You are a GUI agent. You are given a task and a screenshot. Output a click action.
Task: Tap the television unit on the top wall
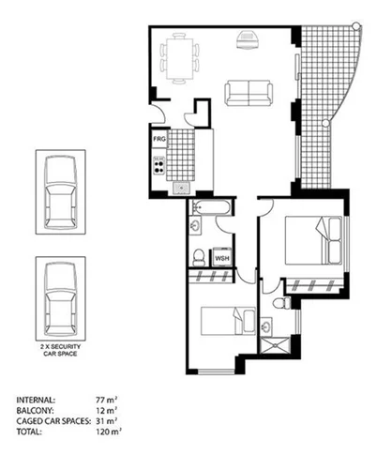pyautogui.click(x=248, y=39)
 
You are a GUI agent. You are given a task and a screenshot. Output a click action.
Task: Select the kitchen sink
pyautogui.click(x=181, y=187)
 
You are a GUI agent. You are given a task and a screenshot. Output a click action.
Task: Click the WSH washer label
pyautogui.click(x=222, y=258)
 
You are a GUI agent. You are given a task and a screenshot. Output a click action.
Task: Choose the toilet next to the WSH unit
pyautogui.click(x=198, y=255)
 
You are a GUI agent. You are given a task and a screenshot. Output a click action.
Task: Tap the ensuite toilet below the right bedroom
pyautogui.click(x=279, y=303)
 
